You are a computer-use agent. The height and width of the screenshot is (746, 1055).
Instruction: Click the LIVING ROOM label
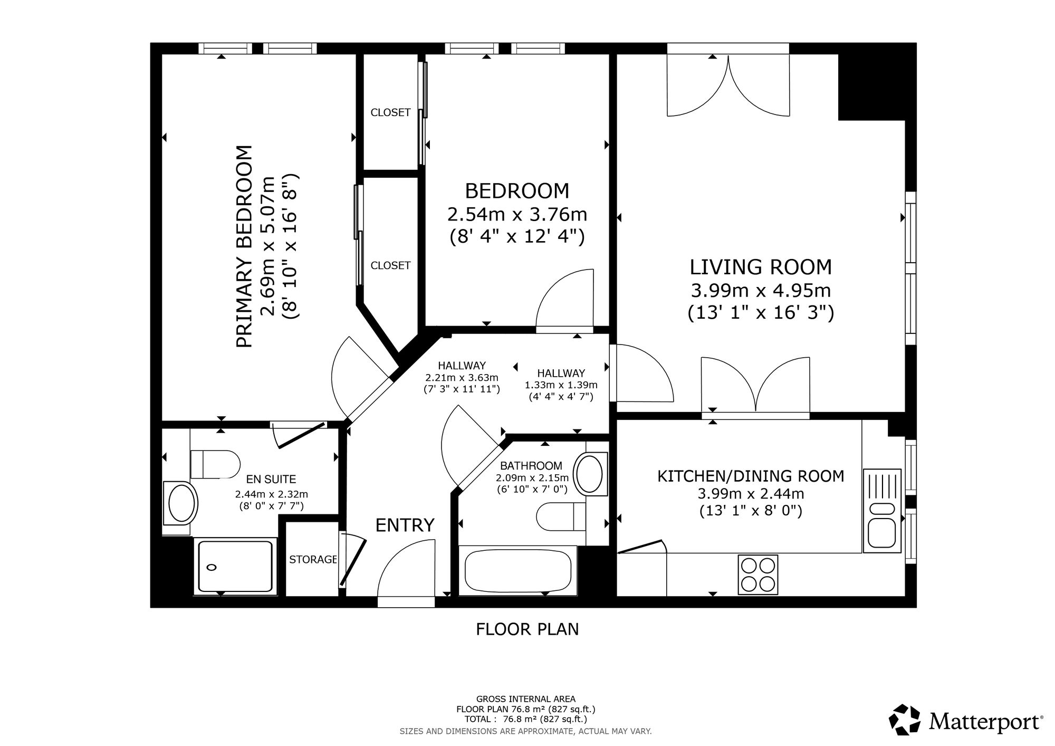[761, 267]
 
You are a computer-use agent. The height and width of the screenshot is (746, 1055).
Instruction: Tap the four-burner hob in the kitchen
[759, 575]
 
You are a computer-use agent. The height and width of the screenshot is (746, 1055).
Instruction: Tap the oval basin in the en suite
[180, 503]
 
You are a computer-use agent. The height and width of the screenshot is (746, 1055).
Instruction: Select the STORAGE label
[313, 560]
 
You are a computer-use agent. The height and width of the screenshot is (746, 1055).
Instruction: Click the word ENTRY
[405, 525]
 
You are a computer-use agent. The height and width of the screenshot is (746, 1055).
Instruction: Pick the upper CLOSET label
[390, 112]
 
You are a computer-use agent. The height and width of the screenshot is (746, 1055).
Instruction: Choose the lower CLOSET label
[390, 265]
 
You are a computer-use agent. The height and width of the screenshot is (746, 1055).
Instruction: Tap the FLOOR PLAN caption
[527, 629]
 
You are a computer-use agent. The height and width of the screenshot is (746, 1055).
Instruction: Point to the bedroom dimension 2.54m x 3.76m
[517, 215]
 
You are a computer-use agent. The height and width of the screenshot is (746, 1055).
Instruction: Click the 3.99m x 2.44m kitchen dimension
[751, 494]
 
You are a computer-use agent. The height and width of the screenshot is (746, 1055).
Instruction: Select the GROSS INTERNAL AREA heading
[526, 700]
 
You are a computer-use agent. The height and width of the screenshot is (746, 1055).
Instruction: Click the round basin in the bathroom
[589, 474]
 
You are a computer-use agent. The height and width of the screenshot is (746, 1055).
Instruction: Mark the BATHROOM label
[531, 466]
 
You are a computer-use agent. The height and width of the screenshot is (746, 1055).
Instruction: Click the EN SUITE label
[271, 479]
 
